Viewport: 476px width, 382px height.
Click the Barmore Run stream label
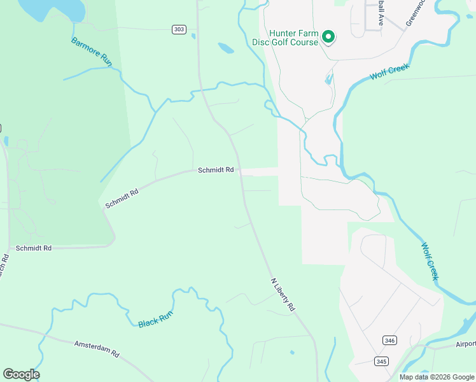tap(92, 51)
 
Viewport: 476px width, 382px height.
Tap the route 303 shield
tap(179, 29)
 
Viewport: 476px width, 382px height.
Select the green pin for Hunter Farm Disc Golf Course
tap(328, 38)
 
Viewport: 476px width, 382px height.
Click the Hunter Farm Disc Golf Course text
tap(293, 38)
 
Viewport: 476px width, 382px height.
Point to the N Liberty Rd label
tap(283, 294)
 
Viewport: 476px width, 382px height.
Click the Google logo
tap(21, 374)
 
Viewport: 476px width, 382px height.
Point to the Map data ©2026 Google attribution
tap(437, 377)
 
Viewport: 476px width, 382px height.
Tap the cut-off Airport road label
tap(465, 344)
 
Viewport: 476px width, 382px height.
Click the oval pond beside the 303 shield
tap(226, 48)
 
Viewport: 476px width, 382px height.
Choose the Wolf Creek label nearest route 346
tap(430, 260)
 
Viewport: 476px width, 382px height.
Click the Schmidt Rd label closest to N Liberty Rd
tap(216, 170)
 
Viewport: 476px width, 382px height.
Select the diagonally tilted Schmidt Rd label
tap(122, 199)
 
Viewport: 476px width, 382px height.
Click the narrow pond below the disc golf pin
tap(328, 80)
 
